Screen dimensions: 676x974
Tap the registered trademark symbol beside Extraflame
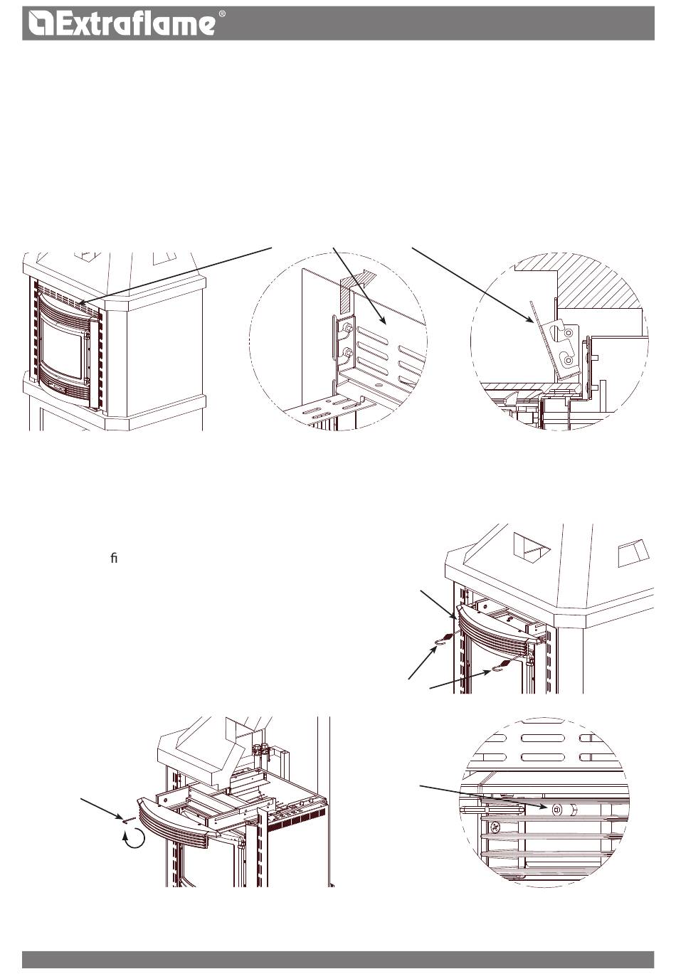click(222, 14)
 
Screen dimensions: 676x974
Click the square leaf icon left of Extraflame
click(41, 23)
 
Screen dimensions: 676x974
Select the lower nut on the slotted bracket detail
click(347, 352)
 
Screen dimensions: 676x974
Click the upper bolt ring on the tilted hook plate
click(569, 333)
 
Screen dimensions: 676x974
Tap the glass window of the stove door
click(63, 342)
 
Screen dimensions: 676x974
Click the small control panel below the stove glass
click(56, 386)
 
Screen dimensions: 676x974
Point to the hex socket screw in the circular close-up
click(557, 809)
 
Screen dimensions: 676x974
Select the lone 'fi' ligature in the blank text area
click(114, 558)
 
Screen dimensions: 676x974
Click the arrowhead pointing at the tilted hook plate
click(530, 320)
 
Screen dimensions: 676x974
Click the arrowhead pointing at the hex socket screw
click(544, 807)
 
